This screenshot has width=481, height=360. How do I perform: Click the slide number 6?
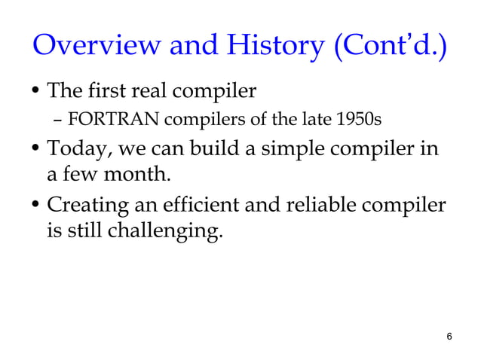[x=449, y=337]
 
